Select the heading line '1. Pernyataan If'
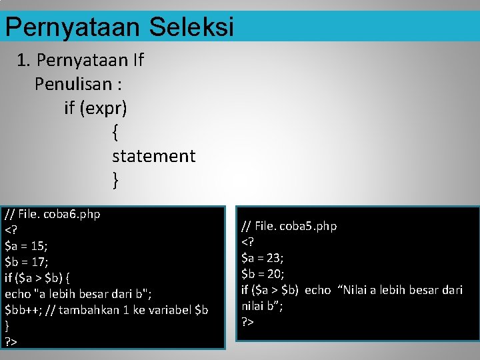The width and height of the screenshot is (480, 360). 81,61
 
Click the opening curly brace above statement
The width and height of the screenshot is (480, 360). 116,132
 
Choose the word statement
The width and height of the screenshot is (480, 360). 153,156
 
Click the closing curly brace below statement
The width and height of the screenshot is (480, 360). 116,180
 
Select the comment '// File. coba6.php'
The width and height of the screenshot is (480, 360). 53,215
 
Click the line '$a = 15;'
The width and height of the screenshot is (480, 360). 26,246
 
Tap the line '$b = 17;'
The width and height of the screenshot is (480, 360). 26,262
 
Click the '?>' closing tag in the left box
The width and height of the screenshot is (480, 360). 11,342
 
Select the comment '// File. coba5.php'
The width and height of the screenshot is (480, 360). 289,226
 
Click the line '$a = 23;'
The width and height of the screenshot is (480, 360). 262,258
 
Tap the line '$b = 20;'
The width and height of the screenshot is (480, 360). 262,273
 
